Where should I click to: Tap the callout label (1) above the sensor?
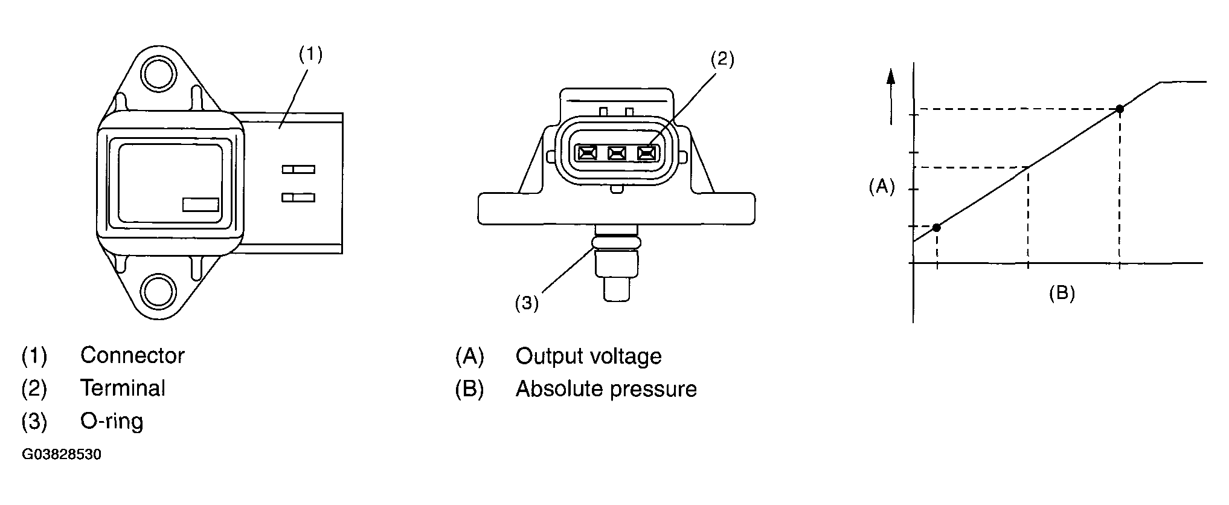pyautogui.click(x=311, y=55)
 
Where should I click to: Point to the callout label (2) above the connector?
pyautogui.click(x=722, y=59)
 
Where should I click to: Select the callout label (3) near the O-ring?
pyautogui.click(x=527, y=303)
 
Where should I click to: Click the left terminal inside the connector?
pyautogui.click(x=586, y=153)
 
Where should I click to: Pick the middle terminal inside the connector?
pyautogui.click(x=617, y=153)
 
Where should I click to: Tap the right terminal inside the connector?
pyautogui.click(x=647, y=153)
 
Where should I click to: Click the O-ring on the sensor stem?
pyautogui.click(x=616, y=242)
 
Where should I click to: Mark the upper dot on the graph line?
pyautogui.click(x=1120, y=109)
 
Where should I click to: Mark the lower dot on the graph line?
pyautogui.click(x=936, y=227)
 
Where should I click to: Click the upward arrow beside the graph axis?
pyautogui.click(x=890, y=97)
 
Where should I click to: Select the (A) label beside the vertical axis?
pyautogui.click(x=881, y=187)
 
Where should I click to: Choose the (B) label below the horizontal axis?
pyautogui.click(x=1062, y=294)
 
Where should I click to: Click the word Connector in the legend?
pyautogui.click(x=132, y=355)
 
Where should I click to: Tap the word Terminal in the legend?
pyautogui.click(x=123, y=388)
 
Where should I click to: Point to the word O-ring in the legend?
pyautogui.click(x=112, y=420)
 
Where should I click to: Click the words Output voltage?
pyautogui.click(x=588, y=356)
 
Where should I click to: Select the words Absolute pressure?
pyautogui.click(x=606, y=389)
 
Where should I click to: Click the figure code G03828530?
pyautogui.click(x=62, y=454)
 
